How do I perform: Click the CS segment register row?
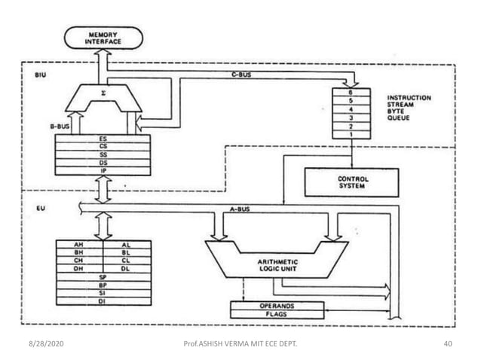[102, 147]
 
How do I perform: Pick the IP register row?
[102, 172]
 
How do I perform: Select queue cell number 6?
[350, 92]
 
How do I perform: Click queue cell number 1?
[350, 133]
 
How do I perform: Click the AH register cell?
[78, 246]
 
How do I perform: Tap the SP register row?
[102, 277]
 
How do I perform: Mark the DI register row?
[102, 301]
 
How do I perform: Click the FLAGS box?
[277, 314]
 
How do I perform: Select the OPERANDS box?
[277, 306]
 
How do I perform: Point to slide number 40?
[447, 344]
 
